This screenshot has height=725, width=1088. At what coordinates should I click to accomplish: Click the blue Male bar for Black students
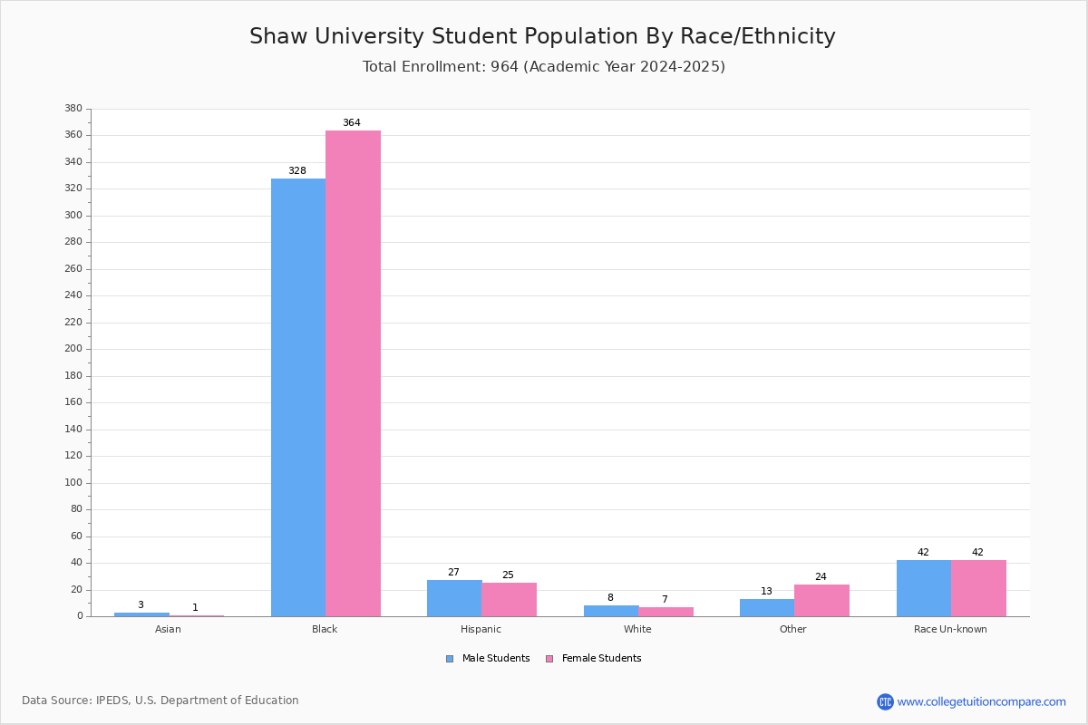(298, 397)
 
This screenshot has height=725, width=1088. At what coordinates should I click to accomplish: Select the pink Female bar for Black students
(353, 373)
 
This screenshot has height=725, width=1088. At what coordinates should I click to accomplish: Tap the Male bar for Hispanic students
(454, 598)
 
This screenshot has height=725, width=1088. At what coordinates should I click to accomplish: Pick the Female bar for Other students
(821, 601)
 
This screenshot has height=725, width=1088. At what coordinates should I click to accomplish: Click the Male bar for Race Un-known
(924, 588)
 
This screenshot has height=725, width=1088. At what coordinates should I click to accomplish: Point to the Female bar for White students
(665, 612)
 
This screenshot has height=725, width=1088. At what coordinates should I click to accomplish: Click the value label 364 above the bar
(352, 123)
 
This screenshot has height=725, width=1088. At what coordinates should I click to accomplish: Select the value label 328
(297, 171)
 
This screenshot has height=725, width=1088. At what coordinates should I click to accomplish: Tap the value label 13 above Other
(766, 592)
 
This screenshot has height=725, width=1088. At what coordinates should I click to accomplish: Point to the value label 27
(453, 573)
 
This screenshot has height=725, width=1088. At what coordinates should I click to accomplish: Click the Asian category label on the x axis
(168, 629)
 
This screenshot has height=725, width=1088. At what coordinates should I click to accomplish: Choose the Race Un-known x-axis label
(950, 629)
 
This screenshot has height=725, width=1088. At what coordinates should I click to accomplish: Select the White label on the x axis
(637, 629)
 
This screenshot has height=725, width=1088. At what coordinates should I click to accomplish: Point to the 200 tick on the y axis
(73, 349)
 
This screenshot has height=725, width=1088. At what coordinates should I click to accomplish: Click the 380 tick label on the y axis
(73, 108)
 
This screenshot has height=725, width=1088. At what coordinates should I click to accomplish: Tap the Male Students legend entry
(488, 659)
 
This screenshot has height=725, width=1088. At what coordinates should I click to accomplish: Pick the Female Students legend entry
(594, 659)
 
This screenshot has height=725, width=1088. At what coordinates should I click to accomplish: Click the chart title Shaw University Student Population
(542, 36)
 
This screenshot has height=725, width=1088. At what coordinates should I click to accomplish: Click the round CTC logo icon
(885, 701)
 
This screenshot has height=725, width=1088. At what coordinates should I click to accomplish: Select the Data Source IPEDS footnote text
(160, 701)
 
